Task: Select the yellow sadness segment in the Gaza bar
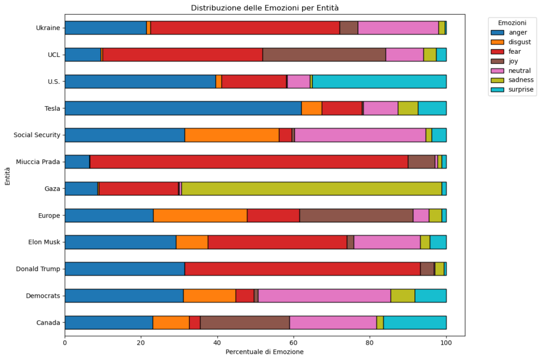311,188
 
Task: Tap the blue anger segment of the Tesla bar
183,108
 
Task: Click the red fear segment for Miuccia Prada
249,162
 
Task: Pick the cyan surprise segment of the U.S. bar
379,81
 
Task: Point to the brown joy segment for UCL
324,54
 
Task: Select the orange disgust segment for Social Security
232,135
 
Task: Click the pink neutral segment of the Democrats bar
324,296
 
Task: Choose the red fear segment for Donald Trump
302,269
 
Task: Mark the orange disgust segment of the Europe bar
200,215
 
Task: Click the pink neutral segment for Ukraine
398,27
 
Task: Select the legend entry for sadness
521,80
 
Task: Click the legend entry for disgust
520,42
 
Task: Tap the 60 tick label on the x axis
293,342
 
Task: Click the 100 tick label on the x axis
446,342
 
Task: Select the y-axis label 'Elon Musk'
44,242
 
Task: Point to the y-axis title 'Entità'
7,175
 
